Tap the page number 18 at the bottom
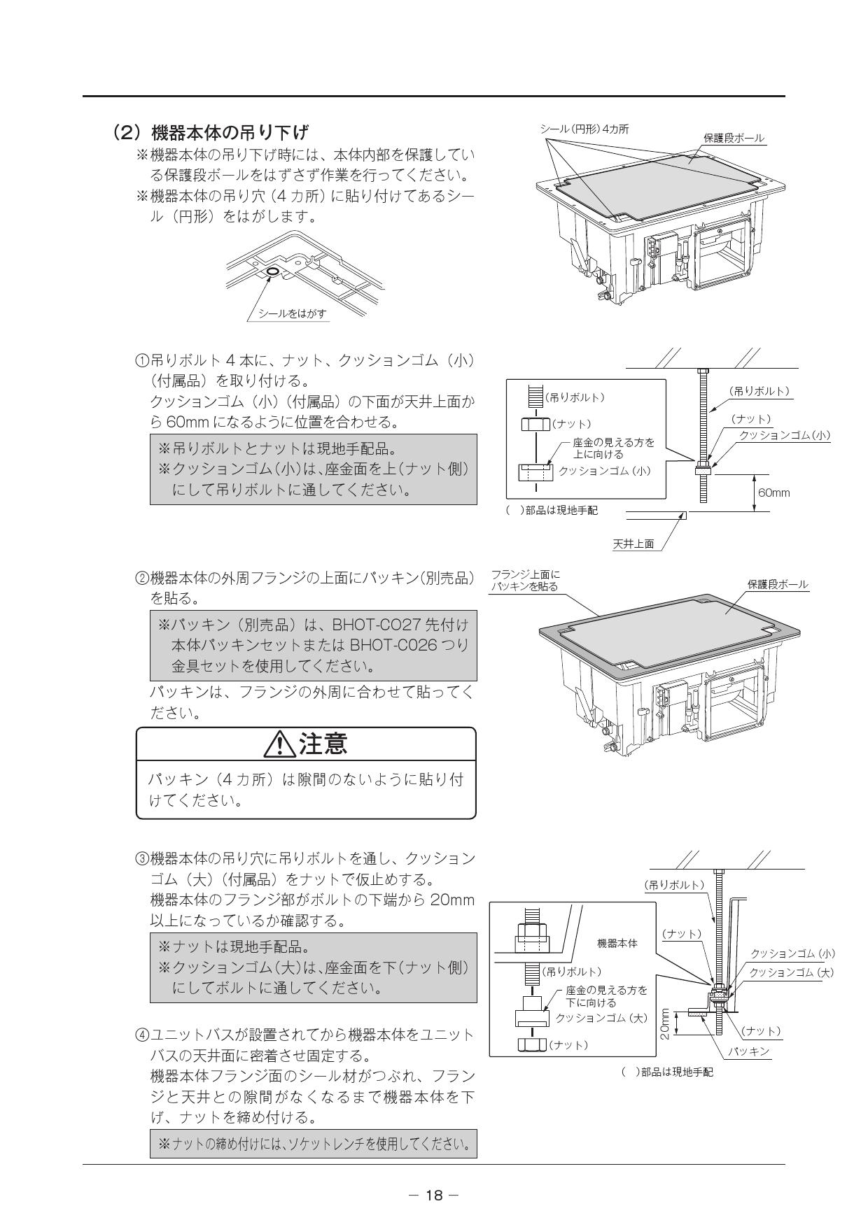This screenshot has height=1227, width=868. [434, 1195]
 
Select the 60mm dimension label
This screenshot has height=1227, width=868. [773, 492]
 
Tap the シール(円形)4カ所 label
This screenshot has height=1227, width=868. [584, 129]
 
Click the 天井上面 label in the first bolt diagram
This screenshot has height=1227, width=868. [633, 544]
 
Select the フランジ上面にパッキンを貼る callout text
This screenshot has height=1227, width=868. [524, 581]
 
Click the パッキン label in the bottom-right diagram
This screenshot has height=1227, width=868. [748, 1051]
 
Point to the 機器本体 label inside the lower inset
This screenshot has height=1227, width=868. [617, 943]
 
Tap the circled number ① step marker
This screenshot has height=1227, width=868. [141, 361]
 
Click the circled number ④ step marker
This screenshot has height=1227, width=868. [141, 1035]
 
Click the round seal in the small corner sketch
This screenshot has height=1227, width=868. [272, 271]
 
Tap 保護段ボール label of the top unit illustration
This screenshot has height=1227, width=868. [734, 138]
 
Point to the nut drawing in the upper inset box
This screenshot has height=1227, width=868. [535, 425]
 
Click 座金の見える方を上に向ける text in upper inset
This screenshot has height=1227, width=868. [613, 448]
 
